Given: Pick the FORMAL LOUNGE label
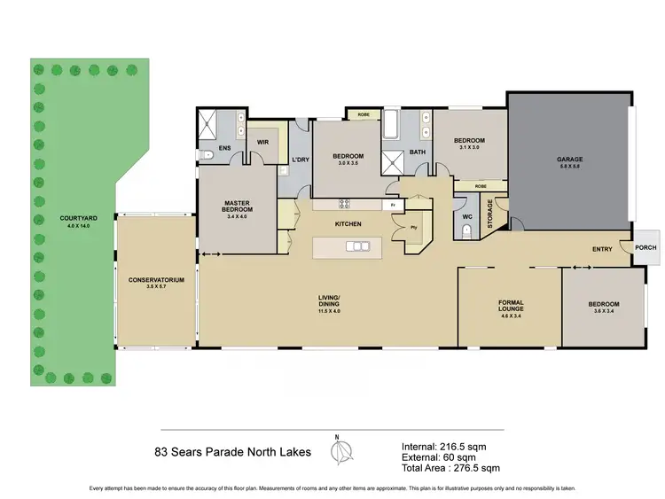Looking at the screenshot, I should click(x=510, y=305).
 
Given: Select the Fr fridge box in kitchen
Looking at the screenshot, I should click(x=390, y=205).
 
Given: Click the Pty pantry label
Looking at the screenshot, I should click(x=413, y=226).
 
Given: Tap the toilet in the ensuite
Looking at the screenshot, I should click(x=208, y=155).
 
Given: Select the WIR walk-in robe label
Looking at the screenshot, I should click(x=262, y=141).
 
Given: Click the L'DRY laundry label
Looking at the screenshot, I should click(x=299, y=160).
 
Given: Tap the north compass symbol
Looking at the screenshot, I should click(x=337, y=451).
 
